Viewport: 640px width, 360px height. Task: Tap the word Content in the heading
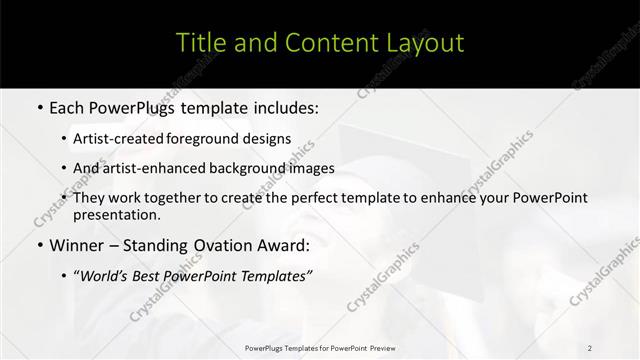[321, 43]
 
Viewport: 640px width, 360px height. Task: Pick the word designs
[269, 139]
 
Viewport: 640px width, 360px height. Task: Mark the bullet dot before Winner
[39, 245]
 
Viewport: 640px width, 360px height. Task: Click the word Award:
[286, 245]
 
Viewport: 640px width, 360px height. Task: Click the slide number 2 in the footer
[590, 348]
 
